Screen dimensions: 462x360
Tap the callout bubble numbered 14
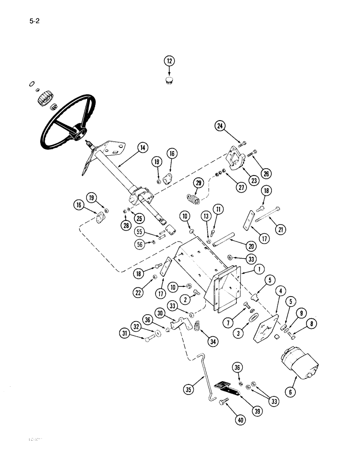pyautogui.click(x=142, y=148)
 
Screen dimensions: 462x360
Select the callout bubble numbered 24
pyautogui.click(x=221, y=125)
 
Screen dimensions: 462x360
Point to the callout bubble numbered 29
pyautogui.click(x=198, y=183)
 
